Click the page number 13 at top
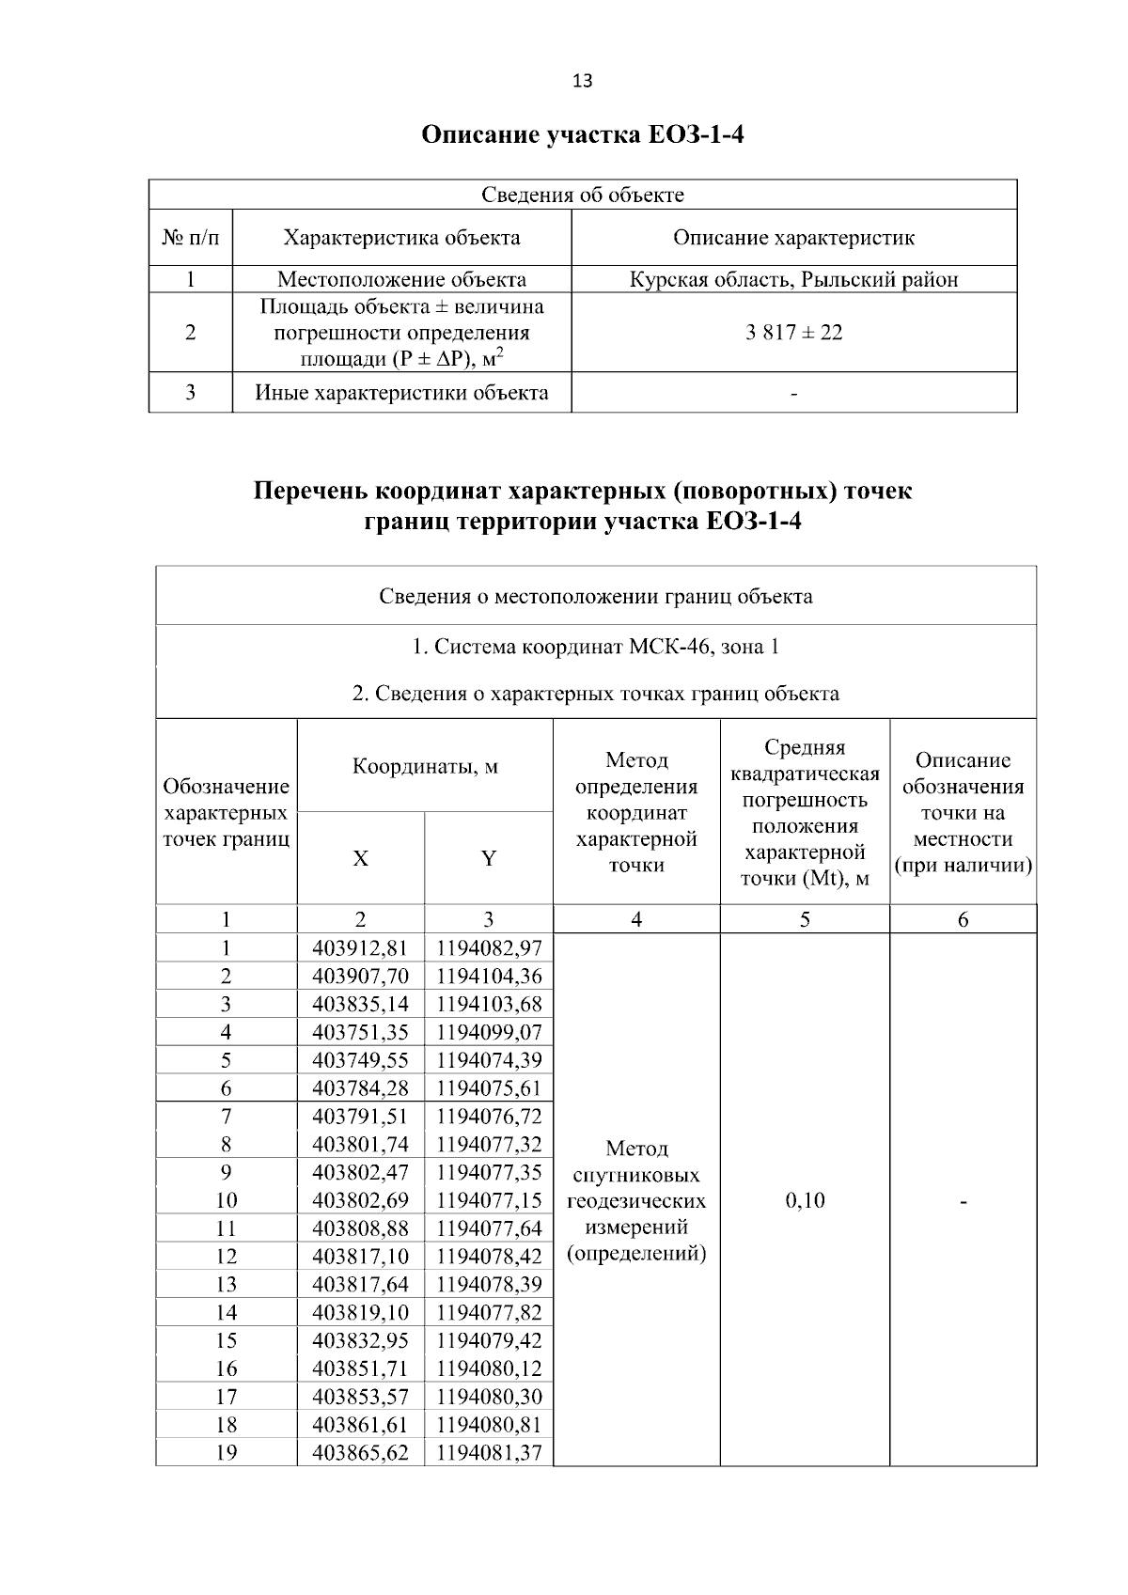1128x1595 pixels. [582, 81]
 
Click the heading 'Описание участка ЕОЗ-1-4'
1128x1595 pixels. [582, 135]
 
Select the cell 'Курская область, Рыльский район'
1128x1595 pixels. [793, 279]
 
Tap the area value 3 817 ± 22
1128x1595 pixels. [793, 332]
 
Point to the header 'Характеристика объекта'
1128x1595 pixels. [401, 237]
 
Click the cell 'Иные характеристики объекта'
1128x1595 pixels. [401, 392]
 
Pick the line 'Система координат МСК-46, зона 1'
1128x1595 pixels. [595, 647]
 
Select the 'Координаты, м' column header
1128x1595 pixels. [425, 766]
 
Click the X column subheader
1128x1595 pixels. [360, 858]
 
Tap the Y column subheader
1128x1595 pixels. [489, 858]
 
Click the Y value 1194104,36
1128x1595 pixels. [489, 976]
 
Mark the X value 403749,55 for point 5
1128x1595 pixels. [360, 1060]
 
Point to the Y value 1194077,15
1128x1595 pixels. [489, 1200]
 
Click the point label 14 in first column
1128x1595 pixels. [226, 1312]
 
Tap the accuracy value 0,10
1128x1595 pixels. [805, 1200]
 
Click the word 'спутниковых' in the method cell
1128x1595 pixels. [636, 1175]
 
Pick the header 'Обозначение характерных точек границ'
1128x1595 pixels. [226, 812]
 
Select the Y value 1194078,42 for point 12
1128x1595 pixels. [489, 1257]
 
